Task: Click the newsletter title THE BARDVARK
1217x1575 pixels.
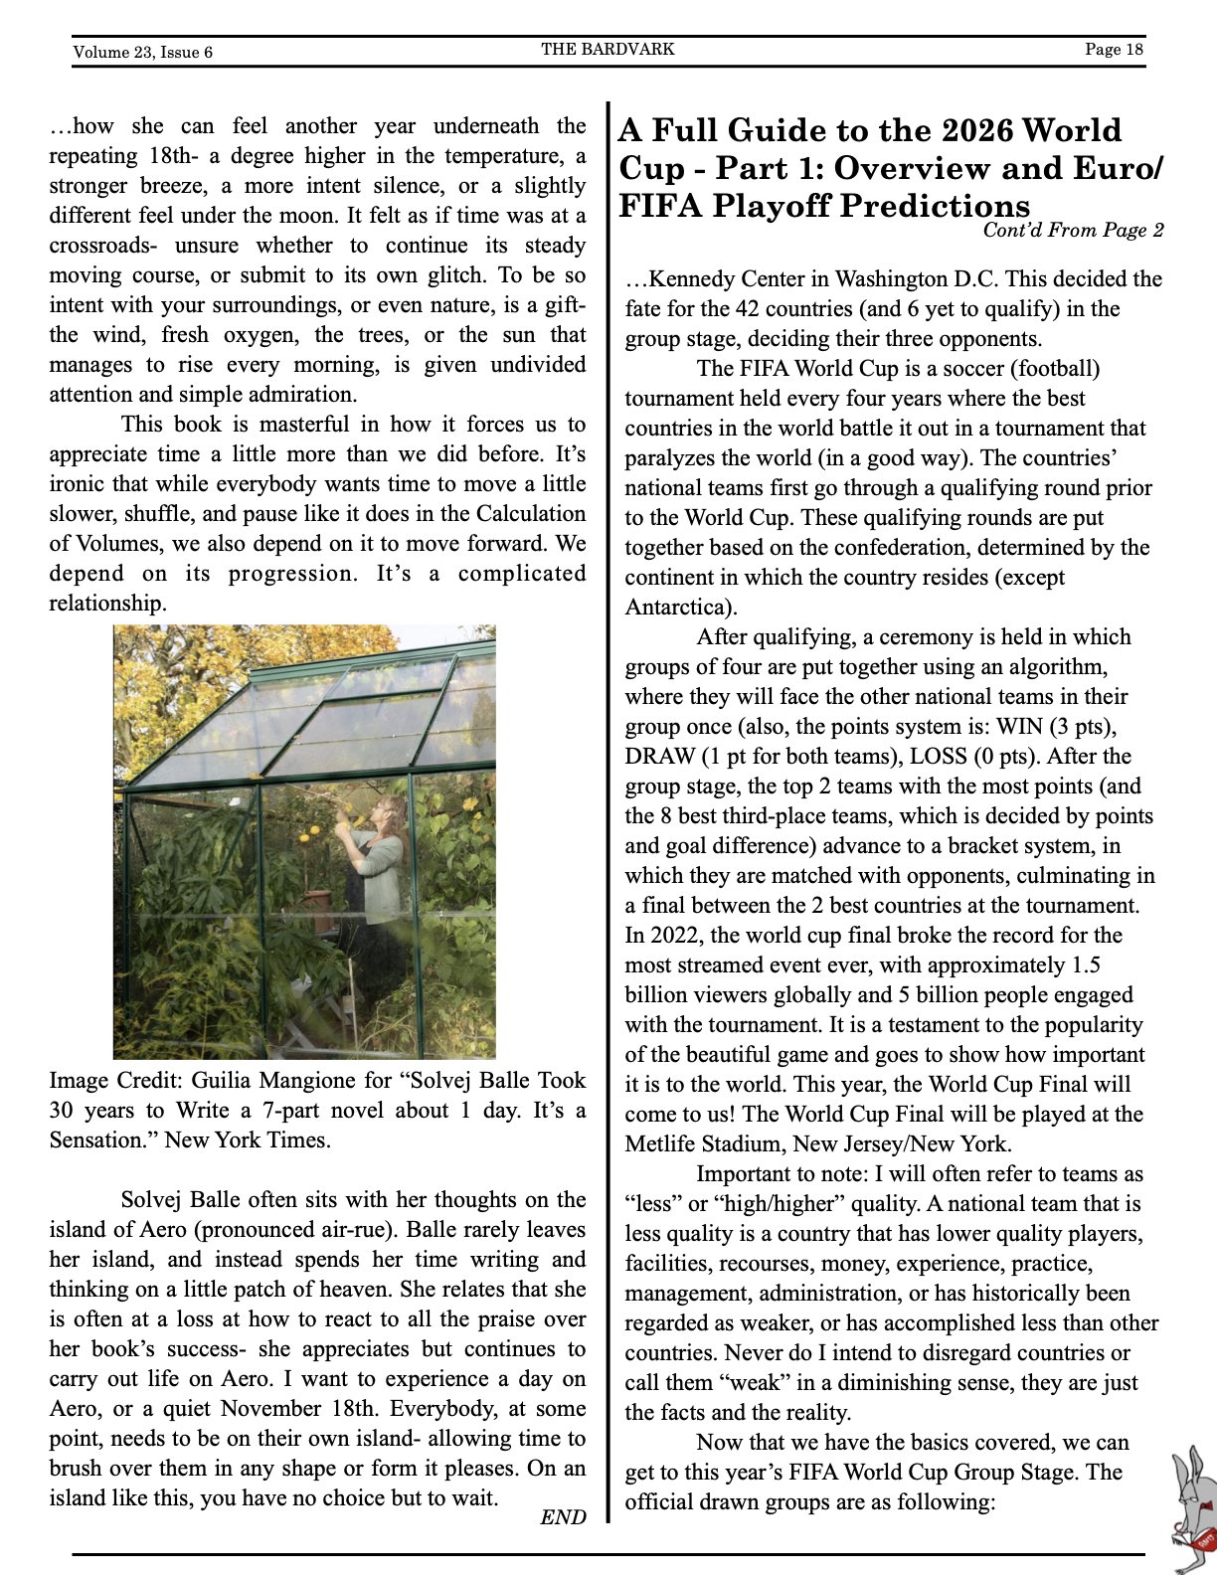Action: [608, 49]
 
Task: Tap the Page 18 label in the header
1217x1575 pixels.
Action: [1114, 49]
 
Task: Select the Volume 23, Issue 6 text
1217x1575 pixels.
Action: [142, 52]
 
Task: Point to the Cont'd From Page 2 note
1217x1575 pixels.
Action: [1072, 231]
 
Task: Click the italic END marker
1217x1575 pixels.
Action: [563, 1517]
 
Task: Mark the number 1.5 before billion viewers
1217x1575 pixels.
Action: [1085, 965]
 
